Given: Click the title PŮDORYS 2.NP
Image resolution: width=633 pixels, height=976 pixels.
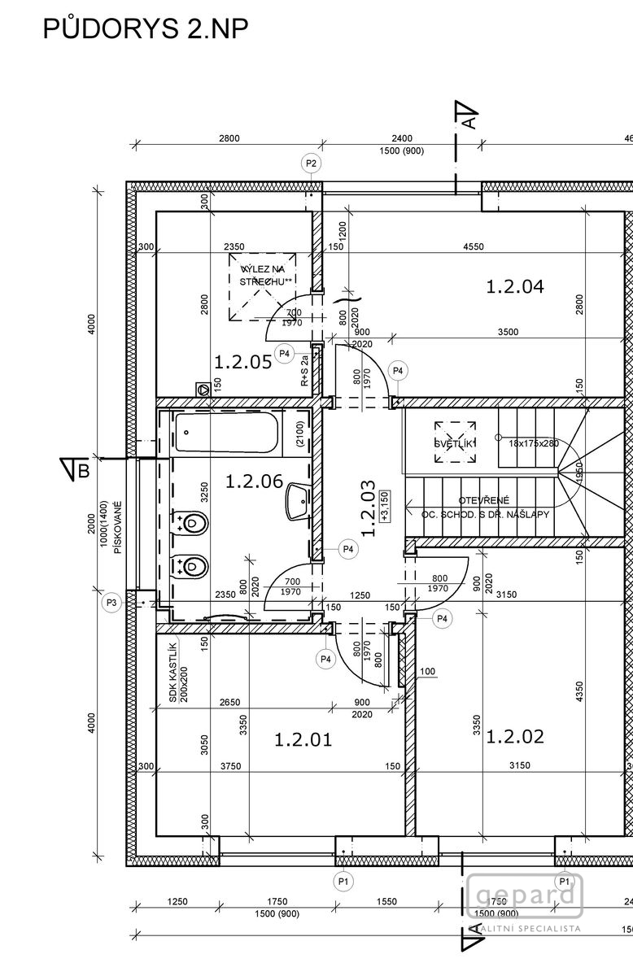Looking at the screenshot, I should (x=145, y=29).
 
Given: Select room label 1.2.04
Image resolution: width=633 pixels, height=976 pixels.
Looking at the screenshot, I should (x=514, y=286).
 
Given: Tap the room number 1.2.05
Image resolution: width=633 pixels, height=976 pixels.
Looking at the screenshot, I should (x=242, y=362).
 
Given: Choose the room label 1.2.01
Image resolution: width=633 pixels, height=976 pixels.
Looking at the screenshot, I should (x=303, y=740).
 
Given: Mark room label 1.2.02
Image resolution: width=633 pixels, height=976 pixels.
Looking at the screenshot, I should (x=515, y=737).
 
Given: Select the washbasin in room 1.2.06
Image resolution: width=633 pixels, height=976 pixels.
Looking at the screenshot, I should (x=296, y=501).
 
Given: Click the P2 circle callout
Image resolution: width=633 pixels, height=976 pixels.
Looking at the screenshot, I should (x=311, y=163).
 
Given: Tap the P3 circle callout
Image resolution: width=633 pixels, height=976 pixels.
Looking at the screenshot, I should (x=112, y=603).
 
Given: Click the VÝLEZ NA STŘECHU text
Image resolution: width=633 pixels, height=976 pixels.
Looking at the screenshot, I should (x=262, y=274).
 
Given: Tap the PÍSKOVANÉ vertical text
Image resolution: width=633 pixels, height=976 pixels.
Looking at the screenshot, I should (x=117, y=527).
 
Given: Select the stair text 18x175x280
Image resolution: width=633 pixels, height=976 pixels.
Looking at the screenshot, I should (x=534, y=444).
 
